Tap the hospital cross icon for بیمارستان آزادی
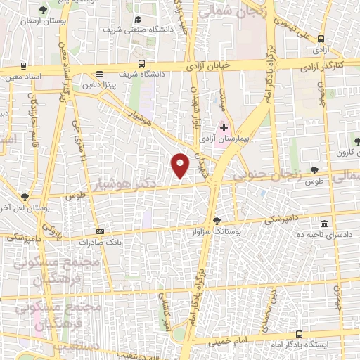(x=224, y=127)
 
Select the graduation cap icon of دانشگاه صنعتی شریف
(x=139, y=19)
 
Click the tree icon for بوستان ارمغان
(x=44, y=10)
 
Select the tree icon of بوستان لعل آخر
(x=25, y=197)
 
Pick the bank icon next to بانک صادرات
(x=100, y=231)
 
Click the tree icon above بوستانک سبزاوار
(x=217, y=220)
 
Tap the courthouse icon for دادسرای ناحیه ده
(x=324, y=221)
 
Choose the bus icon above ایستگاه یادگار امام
(x=300, y=334)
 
